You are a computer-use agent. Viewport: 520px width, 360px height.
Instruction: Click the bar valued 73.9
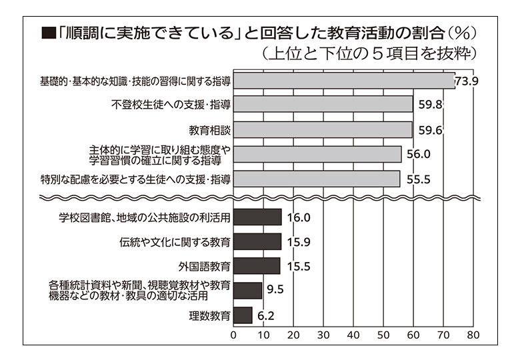tap(343, 81)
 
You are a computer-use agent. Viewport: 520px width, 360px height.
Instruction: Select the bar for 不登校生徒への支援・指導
tap(323, 104)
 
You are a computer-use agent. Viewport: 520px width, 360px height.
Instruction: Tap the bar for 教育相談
tap(323, 129)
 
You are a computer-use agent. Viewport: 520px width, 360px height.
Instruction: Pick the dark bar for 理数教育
tap(243, 315)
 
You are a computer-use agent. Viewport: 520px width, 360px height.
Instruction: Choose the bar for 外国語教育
tap(257, 266)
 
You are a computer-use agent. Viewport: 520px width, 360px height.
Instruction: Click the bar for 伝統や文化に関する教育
tap(257, 241)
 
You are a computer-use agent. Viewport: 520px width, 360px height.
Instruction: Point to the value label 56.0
tap(419, 154)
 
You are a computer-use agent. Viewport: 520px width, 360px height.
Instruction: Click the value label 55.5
tap(417, 179)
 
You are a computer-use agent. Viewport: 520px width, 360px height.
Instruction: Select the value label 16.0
tap(298, 217)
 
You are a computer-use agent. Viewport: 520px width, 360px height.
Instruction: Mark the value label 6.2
tap(265, 315)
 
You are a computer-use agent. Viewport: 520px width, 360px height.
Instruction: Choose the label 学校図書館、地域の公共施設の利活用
tap(145, 217)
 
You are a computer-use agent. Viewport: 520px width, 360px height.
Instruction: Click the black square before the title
tap(47, 33)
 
